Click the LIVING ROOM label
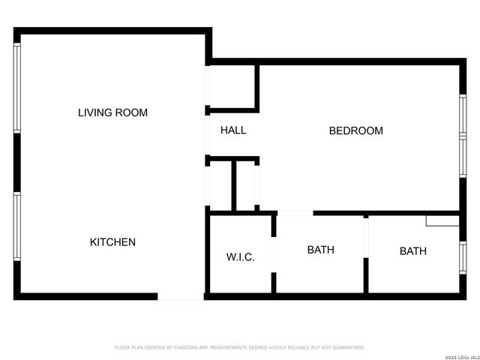(112, 112)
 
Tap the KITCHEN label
(112, 242)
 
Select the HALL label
(233, 130)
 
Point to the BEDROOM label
(355, 130)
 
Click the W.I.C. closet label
(240, 257)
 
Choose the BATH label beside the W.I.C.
(320, 250)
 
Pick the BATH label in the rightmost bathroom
(412, 251)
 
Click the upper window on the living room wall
(16, 87)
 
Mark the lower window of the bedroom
(463, 160)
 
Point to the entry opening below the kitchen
(180, 297)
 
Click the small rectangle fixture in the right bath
(442, 220)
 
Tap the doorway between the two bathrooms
(366, 237)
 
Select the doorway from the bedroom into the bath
(295, 214)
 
